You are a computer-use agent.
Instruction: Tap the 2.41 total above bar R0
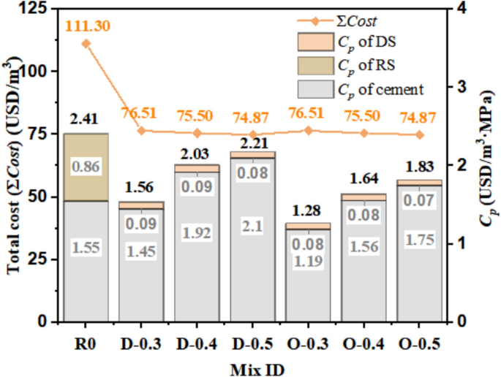point(86,119)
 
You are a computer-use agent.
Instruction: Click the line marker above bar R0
point(86,43)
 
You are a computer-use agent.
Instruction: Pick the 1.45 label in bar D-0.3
point(141,251)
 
